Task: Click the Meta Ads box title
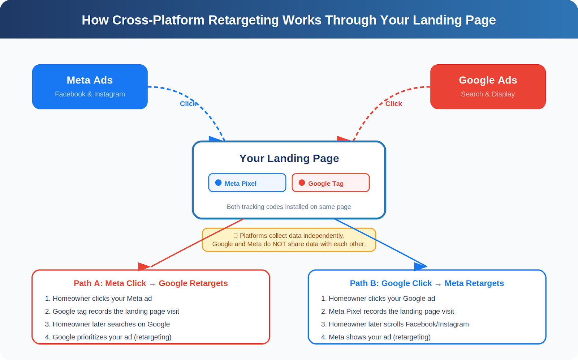coord(90,80)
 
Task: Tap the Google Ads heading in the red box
coord(488,80)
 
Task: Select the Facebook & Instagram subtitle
coord(90,94)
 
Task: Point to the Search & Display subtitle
coord(488,94)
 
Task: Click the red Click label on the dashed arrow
coord(393,104)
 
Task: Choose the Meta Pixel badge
coord(247,183)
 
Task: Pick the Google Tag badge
coord(331,183)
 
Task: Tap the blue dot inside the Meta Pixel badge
coord(218,183)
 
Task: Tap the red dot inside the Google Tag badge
coord(302,183)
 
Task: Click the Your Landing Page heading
coord(289,158)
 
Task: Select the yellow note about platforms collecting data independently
coord(289,240)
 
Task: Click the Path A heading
coord(151,283)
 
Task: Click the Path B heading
coord(427,283)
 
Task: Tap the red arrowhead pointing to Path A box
coord(143,267)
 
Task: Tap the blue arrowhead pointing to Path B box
coord(420,267)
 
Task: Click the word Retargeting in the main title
coord(243,20)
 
